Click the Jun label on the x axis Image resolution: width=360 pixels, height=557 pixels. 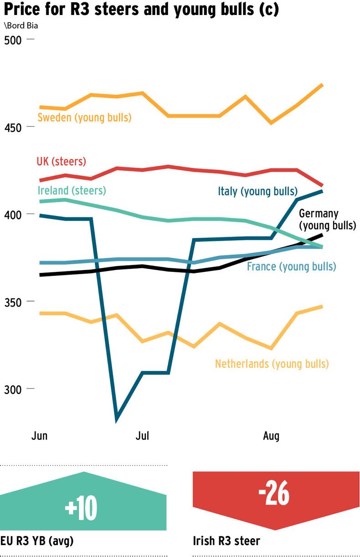pyautogui.click(x=39, y=436)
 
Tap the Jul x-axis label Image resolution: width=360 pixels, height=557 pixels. pyautogui.click(x=142, y=436)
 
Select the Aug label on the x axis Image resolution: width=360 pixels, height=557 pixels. pyautogui.click(x=271, y=436)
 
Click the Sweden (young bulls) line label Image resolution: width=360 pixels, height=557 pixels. pyautogui.click(x=84, y=118)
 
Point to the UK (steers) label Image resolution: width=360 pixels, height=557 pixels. pyautogui.click(x=61, y=161)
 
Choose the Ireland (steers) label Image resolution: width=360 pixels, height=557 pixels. pyautogui.click(x=72, y=190)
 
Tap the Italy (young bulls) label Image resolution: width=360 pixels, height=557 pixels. pyautogui.click(x=257, y=191)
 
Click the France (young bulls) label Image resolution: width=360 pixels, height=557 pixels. pyautogui.click(x=291, y=266)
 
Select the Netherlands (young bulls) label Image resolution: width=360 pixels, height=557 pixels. pyautogui.click(x=272, y=363)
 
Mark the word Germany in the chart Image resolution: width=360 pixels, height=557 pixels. pyautogui.click(x=319, y=214)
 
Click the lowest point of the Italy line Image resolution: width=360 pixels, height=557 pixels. pyautogui.click(x=117, y=418)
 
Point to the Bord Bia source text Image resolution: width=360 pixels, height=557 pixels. pyautogui.click(x=21, y=26)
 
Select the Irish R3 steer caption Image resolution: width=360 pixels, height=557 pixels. pyautogui.click(x=226, y=541)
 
